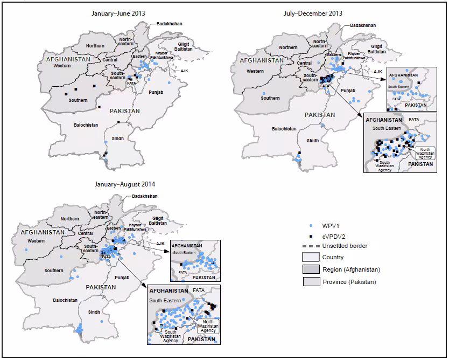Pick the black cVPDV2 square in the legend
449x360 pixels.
pyautogui.click(x=311, y=236)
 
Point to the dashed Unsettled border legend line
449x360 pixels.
pyautogui.click(x=311, y=246)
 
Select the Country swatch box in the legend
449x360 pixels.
pyautogui.click(x=311, y=257)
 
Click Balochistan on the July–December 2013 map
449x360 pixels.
pyautogui.click(x=284, y=129)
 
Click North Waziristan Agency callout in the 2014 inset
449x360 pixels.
pyautogui.click(x=207, y=326)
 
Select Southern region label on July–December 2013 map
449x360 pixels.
pyautogui.click(x=270, y=98)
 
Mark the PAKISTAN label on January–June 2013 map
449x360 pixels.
pyautogui.click(x=124, y=110)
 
